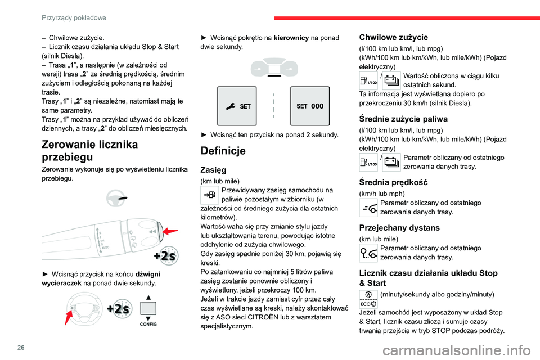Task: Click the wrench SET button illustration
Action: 237,106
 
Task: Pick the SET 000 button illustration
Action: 309,106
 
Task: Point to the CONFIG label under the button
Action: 148,325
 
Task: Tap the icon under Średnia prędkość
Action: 368,208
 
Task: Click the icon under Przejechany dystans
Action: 368,253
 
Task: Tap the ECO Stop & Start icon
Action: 368,299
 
